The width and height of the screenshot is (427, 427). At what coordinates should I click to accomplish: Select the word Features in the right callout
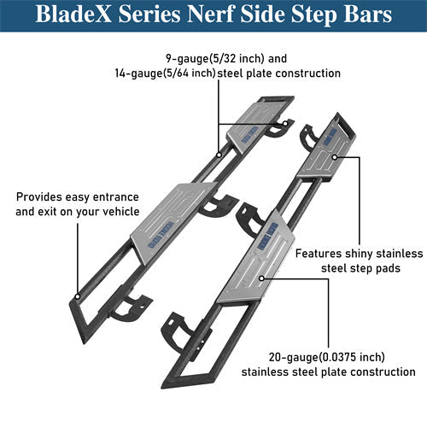tap(322, 254)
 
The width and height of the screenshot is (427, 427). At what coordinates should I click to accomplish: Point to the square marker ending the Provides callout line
tap(76, 298)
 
